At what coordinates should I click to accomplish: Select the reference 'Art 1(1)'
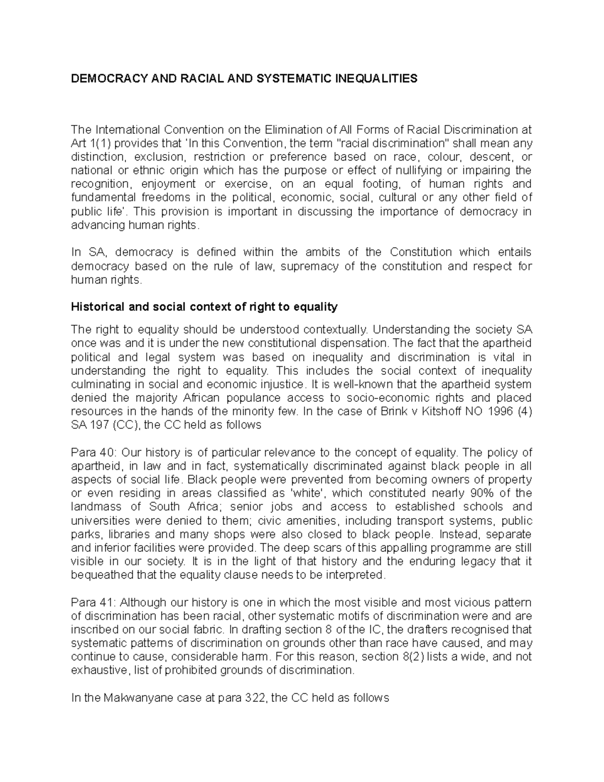87,143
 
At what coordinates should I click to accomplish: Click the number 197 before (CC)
99,425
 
